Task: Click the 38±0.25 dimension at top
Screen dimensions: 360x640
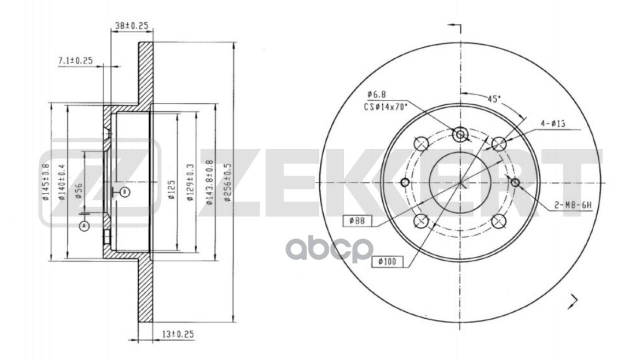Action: [131, 25]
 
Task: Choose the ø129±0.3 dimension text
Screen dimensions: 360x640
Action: [190, 182]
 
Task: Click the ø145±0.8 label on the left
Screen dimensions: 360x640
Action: [45, 182]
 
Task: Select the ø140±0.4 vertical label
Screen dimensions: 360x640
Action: [61, 182]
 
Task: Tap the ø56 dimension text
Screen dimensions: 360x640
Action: [79, 190]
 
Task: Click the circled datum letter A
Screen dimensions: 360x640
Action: [83, 226]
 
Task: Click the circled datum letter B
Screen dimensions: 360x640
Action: [125, 191]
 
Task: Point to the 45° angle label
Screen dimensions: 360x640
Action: [494, 99]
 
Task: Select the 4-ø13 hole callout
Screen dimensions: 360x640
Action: [552, 124]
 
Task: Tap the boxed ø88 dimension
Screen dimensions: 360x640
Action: [355, 220]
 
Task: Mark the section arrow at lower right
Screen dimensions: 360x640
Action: [573, 300]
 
